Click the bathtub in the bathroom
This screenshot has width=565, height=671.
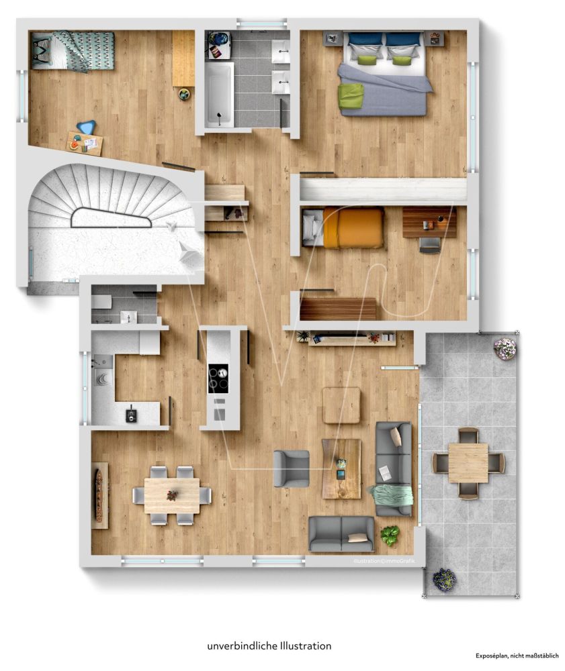pyautogui.click(x=219, y=95)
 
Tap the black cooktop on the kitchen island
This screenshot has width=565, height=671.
pyautogui.click(x=218, y=378)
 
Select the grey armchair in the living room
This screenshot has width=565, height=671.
pyautogui.click(x=292, y=468)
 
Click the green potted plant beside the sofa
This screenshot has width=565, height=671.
pyautogui.click(x=390, y=535)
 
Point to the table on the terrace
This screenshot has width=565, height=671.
pyautogui.click(x=468, y=462)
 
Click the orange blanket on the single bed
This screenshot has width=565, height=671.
pyautogui.click(x=353, y=227)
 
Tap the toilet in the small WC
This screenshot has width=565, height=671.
pyautogui.click(x=101, y=302)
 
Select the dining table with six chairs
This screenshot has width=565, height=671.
pyautogui.click(x=172, y=496)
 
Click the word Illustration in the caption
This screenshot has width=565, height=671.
pyautogui.click(x=306, y=646)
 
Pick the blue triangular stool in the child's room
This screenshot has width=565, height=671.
pyautogui.click(x=86, y=127)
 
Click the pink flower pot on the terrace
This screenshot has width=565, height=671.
pyautogui.click(x=505, y=348)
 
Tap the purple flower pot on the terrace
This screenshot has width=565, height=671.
pyautogui.click(x=444, y=579)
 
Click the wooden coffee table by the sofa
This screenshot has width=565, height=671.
pyautogui.click(x=341, y=468)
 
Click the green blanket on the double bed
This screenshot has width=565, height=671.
pyautogui.click(x=351, y=95)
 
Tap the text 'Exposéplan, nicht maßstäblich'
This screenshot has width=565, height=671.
pyautogui.click(x=517, y=656)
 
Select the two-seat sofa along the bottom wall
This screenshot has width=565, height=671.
pyautogui.click(x=341, y=534)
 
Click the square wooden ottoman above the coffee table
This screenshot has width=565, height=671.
pyautogui.click(x=341, y=405)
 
